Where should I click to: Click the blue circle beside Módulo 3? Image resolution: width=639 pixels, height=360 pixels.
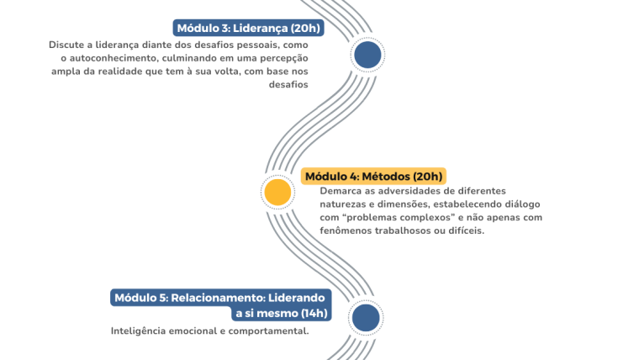[x=367, y=55]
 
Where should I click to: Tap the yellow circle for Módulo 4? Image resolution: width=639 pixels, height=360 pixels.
[x=277, y=192]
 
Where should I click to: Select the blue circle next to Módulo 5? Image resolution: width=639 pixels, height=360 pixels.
[x=366, y=318]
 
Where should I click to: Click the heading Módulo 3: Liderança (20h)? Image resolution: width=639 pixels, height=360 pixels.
[x=249, y=28]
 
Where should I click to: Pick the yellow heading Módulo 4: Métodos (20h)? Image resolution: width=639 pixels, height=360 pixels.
[x=373, y=177]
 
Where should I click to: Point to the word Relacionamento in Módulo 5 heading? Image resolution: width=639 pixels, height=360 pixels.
[x=218, y=298]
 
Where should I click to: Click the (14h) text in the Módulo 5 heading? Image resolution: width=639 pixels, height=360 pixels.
[x=314, y=314]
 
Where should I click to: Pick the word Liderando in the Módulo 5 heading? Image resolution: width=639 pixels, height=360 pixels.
[x=296, y=298]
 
